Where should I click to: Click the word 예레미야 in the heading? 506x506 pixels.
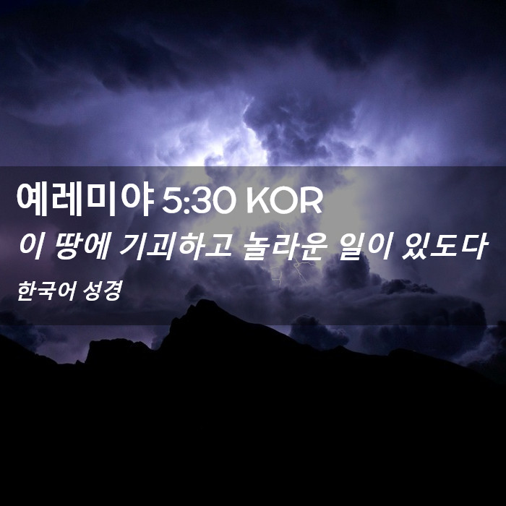coord(85,200)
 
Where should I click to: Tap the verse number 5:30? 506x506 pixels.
coord(197,202)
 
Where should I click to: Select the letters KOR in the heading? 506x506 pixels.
coord(284,202)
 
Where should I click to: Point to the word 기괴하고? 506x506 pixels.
coord(175,246)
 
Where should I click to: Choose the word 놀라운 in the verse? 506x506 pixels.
coord(283,246)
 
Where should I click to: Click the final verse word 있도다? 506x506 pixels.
coord(444,246)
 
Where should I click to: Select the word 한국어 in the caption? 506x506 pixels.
coord(46,291)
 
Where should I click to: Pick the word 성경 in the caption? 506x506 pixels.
coord(103,291)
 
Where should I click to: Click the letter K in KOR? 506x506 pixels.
coord(257,202)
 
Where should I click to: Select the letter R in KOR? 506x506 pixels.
coord(312,202)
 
